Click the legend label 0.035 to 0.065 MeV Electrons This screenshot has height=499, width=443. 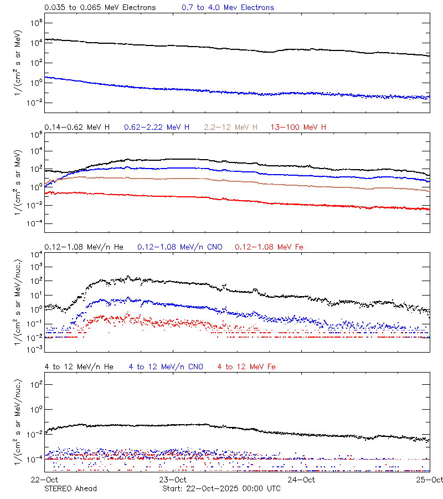(x=100, y=8)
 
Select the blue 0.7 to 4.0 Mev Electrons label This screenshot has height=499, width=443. (x=228, y=8)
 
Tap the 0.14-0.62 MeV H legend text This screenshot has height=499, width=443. (x=77, y=128)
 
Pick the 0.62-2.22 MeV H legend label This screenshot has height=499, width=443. (x=157, y=128)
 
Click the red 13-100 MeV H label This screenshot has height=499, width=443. (x=298, y=128)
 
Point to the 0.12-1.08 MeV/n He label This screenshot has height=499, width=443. (x=86, y=247)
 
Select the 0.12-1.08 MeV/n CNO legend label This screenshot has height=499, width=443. (x=180, y=247)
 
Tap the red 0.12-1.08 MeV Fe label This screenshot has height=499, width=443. (x=269, y=247)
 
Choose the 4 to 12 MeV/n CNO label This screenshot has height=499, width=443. (x=166, y=366)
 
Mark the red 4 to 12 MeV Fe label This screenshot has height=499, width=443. (x=246, y=366)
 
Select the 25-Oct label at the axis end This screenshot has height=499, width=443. (x=430, y=480)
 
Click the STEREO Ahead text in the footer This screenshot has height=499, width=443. (x=71, y=488)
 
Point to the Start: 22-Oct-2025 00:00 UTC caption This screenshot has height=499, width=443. (x=221, y=488)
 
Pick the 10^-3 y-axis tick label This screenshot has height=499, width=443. (x=35, y=349)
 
